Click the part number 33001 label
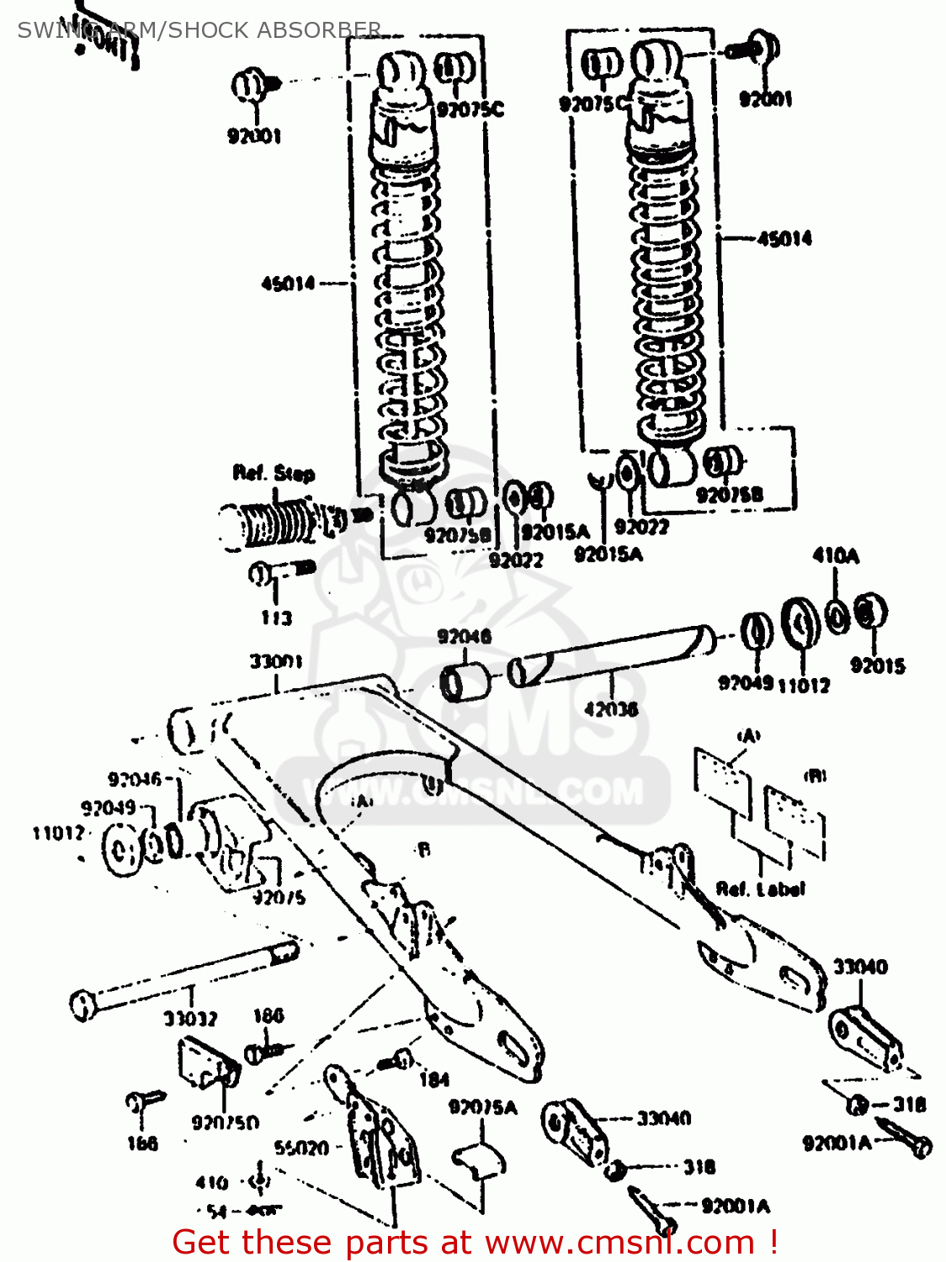275,661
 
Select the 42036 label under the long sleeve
611,709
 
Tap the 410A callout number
835,555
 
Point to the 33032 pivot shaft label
190,1019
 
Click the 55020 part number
301,1148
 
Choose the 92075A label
483,1107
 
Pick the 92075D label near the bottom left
226,1122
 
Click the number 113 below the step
276,618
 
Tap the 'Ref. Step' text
274,474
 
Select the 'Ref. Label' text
760,888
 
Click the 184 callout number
434,1079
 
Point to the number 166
142,1143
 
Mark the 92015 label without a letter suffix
877,665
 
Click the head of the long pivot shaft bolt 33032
82,1005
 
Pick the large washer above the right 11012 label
800,623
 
